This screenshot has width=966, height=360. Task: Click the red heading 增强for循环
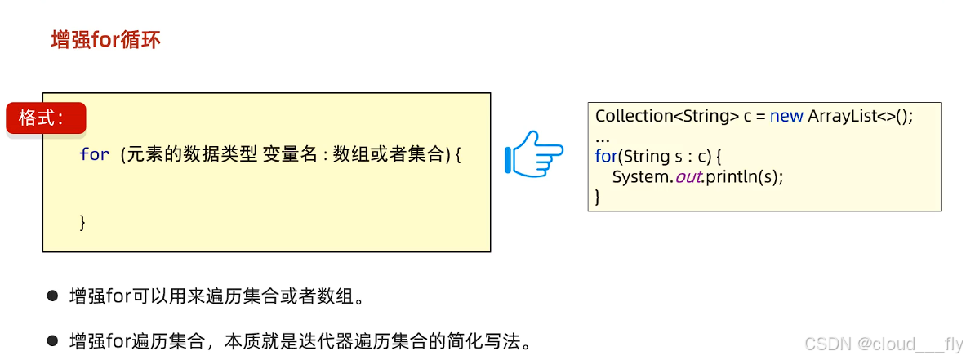(106, 40)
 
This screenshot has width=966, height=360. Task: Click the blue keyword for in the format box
(95, 154)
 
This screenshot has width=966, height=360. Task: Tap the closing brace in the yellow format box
(82, 222)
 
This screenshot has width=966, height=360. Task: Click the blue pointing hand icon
(535, 153)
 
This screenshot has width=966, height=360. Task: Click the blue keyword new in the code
(786, 116)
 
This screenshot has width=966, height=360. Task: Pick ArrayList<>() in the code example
(860, 116)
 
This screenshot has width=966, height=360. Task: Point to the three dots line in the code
(603, 136)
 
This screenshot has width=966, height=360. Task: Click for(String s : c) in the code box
(658, 155)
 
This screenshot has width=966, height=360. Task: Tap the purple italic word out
(688, 176)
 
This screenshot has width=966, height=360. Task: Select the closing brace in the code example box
(599, 196)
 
